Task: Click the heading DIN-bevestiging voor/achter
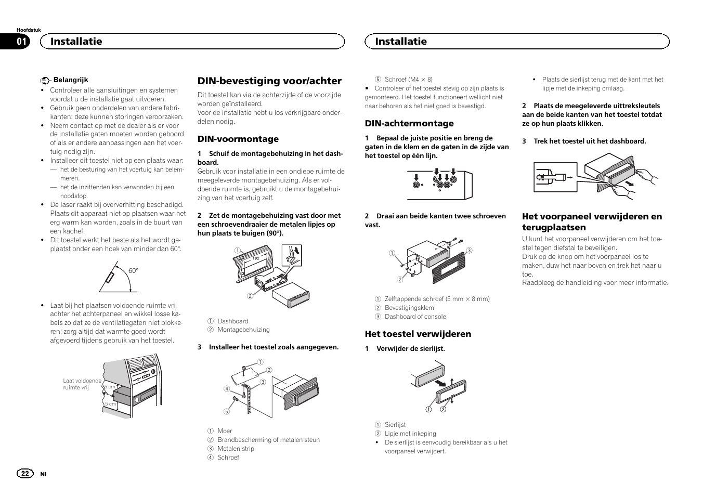269,81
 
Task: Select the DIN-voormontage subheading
238,139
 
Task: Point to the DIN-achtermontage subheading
409,123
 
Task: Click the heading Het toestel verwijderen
418,334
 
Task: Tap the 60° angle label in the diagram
134,271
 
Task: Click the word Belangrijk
71,80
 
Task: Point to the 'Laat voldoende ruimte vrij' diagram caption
82,384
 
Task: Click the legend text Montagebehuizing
243,330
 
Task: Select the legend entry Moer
225,431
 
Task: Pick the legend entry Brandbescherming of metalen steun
268,440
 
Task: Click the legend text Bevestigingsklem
409,308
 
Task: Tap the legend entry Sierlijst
395,425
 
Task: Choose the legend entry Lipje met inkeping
410,434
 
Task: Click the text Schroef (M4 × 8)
408,80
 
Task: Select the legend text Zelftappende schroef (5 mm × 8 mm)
437,299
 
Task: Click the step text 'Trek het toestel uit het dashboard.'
590,141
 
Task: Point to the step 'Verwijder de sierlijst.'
410,349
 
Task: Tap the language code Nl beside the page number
44,474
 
